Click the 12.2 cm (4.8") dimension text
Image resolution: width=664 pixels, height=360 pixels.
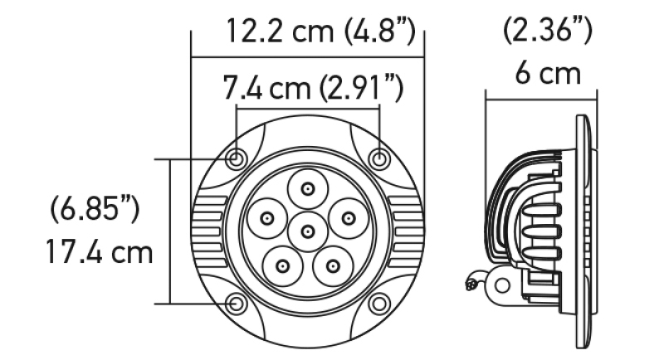(320, 33)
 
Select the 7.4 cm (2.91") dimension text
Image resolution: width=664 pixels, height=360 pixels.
(313, 87)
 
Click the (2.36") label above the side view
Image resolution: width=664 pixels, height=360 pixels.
(547, 32)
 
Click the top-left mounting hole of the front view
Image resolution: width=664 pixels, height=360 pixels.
(237, 159)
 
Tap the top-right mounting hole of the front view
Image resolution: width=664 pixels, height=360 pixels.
(378, 159)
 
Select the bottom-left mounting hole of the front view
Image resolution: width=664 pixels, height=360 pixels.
(237, 304)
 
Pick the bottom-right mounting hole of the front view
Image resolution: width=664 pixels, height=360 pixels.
(378, 304)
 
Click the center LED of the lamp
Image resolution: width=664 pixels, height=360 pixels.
(308, 230)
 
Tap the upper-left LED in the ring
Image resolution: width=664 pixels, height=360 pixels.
(267, 218)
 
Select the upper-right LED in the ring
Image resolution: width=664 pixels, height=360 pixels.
(348, 218)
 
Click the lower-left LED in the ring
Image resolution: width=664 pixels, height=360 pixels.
(283, 266)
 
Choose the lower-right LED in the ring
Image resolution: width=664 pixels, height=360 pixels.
(333, 266)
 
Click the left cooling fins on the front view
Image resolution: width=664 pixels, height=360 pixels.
(207, 231)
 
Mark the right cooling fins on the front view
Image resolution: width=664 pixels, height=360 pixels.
(408, 231)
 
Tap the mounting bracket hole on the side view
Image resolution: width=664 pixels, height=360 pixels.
(500, 284)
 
